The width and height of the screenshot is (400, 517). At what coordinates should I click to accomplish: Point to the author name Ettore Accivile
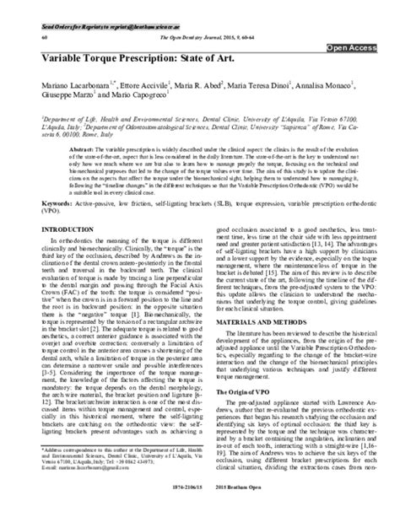point(143,87)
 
